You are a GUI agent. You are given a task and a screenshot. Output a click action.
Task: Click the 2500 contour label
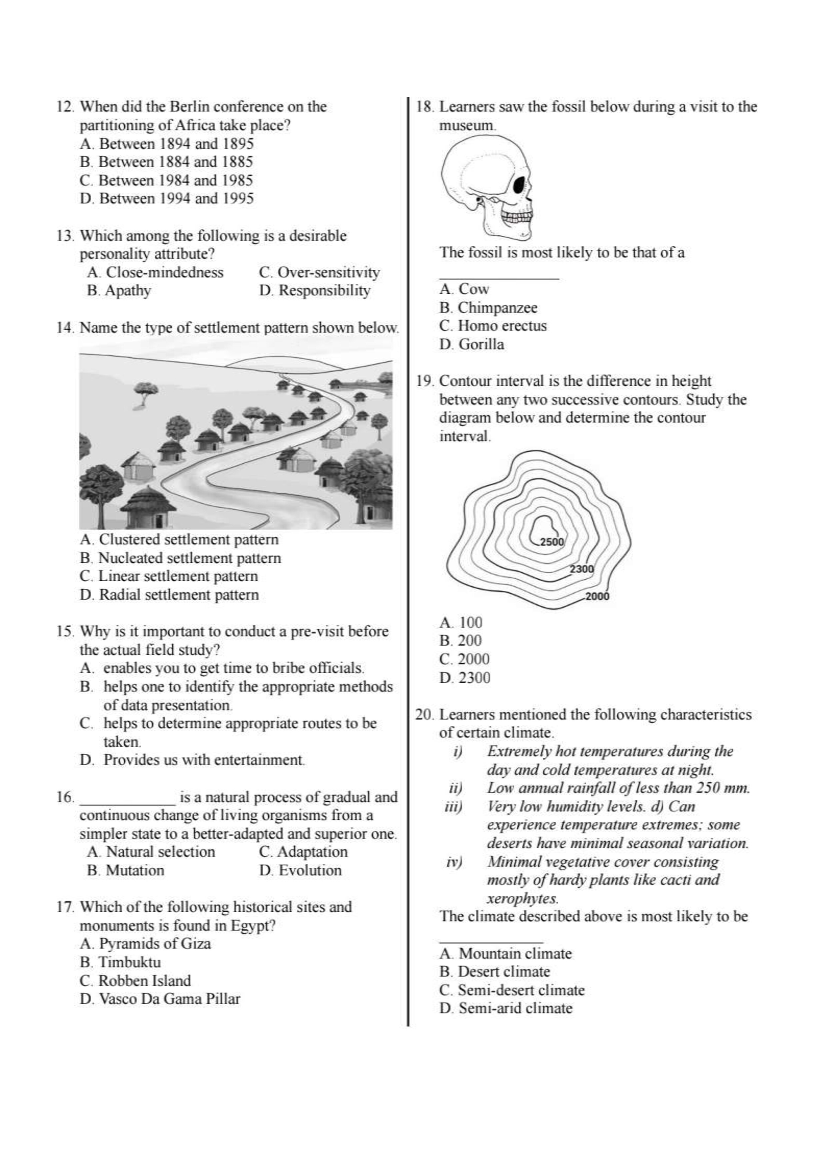[552, 542]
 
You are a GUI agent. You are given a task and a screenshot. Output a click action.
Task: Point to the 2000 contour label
[596, 596]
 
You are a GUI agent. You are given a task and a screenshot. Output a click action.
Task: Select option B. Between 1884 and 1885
[166, 162]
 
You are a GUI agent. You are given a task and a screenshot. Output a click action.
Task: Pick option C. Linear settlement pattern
[169, 576]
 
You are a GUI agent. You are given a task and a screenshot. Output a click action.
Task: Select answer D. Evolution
[300, 870]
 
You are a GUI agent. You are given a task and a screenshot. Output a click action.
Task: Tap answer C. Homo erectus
[493, 326]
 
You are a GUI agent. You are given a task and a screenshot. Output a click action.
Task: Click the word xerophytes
[522, 898]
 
